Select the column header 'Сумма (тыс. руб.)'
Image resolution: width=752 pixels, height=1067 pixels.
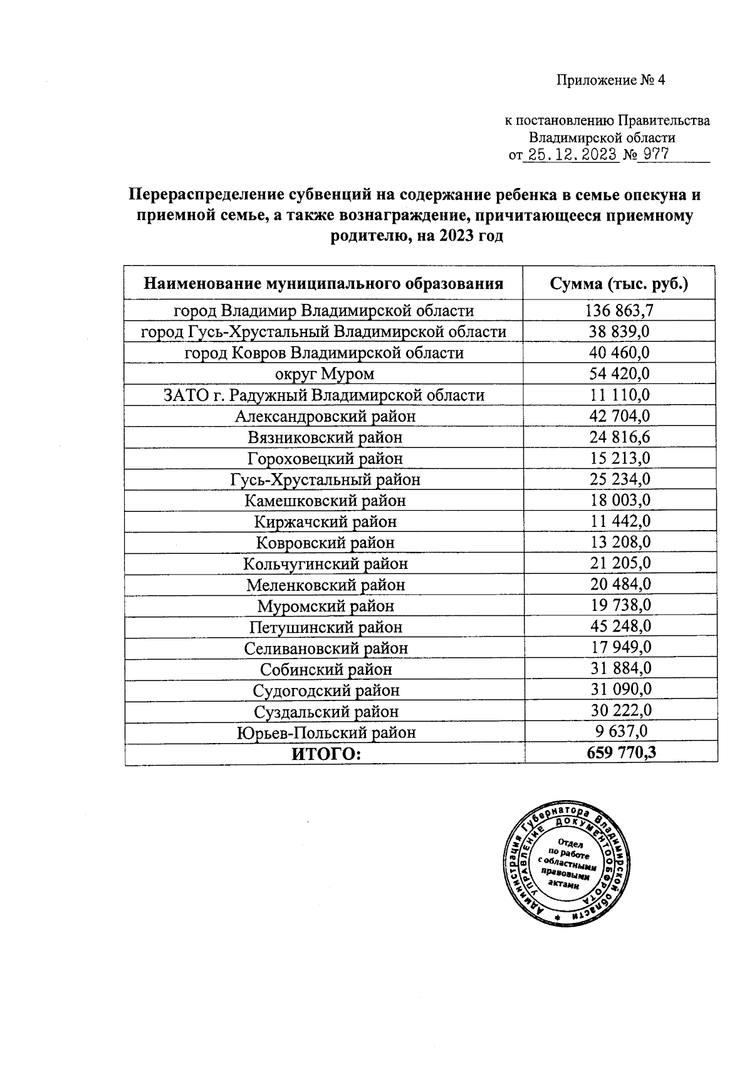619,284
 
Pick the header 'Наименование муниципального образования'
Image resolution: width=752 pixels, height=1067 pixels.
323,284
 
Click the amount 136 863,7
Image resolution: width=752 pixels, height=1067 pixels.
620,310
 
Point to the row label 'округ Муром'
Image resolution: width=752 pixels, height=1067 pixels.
325,374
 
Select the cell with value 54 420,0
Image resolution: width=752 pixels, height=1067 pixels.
620,374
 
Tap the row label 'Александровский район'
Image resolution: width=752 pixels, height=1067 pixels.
325,416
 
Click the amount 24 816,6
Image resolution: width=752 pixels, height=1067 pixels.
620,437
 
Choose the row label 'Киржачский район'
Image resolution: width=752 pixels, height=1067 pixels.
325,521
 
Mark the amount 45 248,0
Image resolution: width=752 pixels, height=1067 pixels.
620,627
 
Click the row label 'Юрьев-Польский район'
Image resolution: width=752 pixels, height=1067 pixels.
326,732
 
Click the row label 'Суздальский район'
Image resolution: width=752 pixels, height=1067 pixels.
326,711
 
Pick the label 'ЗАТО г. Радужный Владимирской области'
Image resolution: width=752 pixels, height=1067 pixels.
323,395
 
